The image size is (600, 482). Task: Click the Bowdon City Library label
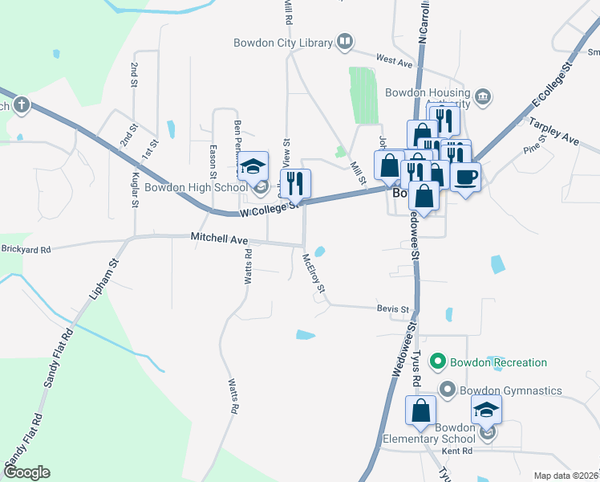(282, 43)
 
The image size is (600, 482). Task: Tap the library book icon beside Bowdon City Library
(345, 41)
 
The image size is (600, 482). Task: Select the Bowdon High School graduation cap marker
(254, 166)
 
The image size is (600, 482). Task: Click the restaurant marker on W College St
(295, 184)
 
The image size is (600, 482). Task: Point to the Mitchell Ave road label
(219, 238)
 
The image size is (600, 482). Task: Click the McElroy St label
(313, 273)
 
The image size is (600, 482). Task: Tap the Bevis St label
(393, 308)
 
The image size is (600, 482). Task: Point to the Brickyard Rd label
(26, 250)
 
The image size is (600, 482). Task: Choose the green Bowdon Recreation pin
(438, 362)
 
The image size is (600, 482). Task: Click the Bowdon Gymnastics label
(510, 391)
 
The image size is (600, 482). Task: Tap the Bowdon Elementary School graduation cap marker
(485, 410)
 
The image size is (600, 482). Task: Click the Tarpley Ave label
(553, 130)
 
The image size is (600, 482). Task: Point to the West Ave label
(393, 60)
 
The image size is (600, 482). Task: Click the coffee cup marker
(465, 176)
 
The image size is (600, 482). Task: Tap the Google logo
(27, 472)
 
